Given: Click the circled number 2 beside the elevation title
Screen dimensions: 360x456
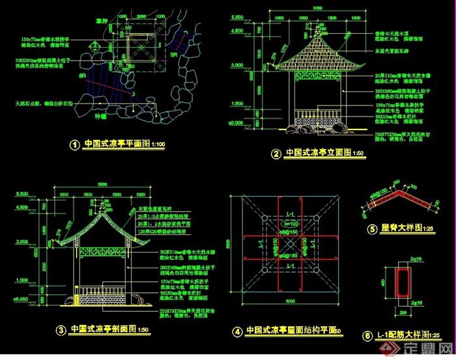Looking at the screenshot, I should tap(276, 154).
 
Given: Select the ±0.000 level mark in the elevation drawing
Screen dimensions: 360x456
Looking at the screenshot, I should tap(235, 122).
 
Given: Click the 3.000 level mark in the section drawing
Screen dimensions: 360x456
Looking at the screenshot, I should tap(21, 241).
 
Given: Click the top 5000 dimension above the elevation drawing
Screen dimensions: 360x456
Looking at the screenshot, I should tap(317, 8).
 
